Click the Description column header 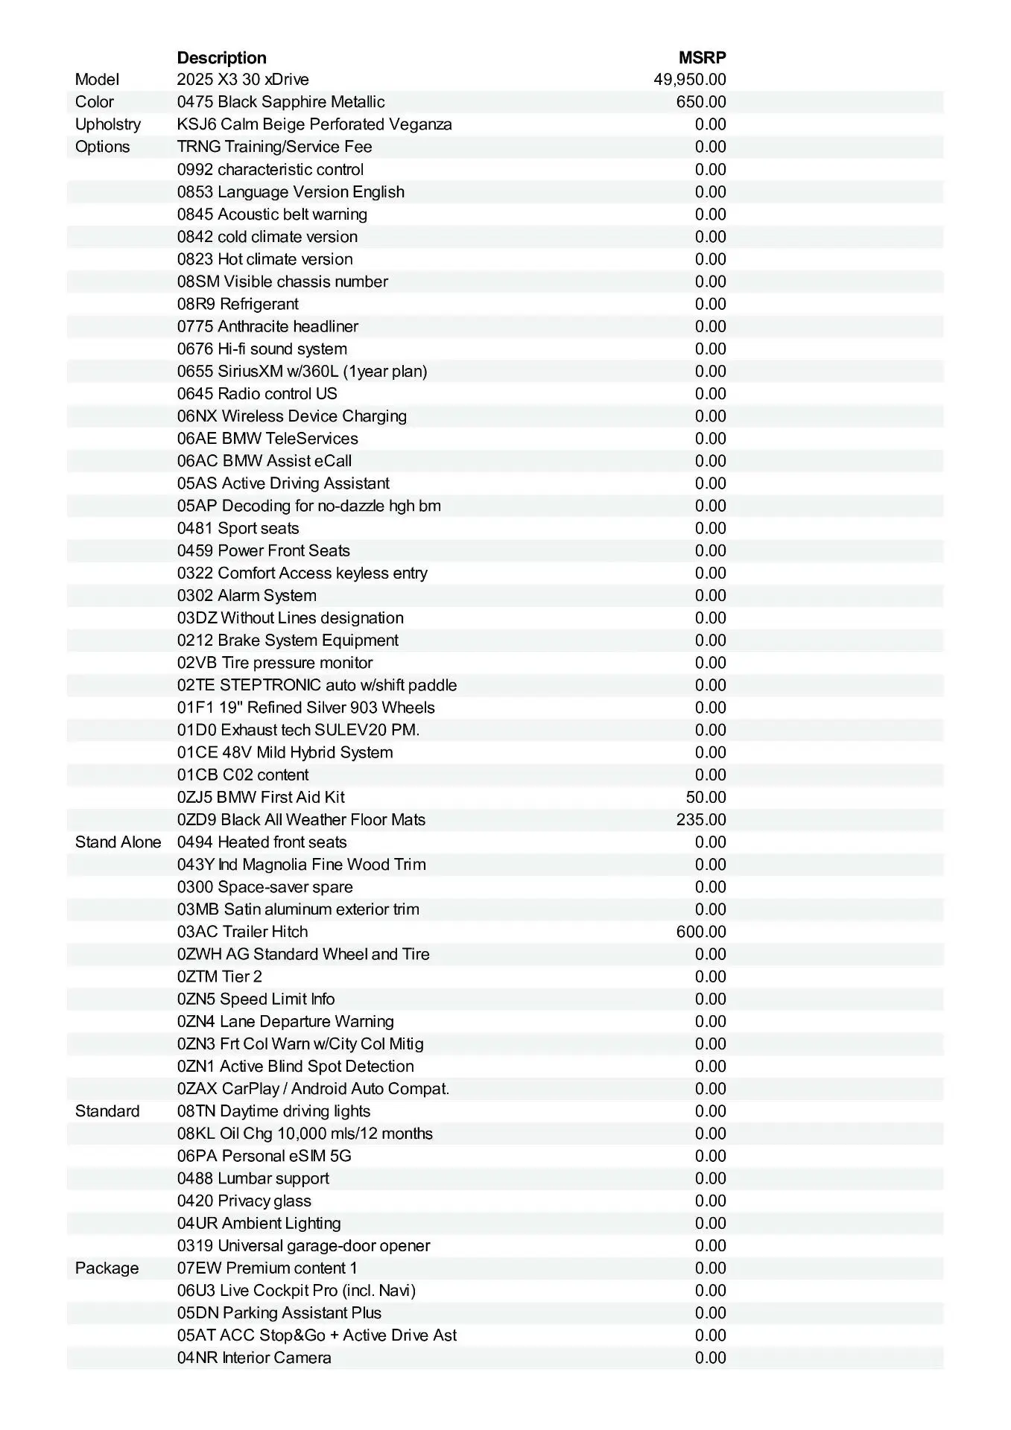pos(221,57)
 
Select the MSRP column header pos(702,57)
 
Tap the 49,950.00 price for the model pos(689,80)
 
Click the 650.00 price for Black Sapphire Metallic pos(700,102)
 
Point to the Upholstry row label pos(108,124)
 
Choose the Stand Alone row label pos(118,842)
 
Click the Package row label pos(107,1268)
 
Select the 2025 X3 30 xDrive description pos(243,80)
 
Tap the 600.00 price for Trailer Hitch pos(700,932)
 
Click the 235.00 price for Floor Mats pos(700,820)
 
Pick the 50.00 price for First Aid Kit pos(706,798)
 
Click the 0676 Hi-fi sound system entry pos(262,349)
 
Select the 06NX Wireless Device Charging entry pos(291,416)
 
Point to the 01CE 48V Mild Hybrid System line pos(285,752)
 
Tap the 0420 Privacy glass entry pos(244,1201)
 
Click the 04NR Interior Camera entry pos(254,1358)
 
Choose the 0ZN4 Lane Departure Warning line pos(285,1022)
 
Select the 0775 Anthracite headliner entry pos(267,326)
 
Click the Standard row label pos(107,1111)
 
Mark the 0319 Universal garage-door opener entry pos(303,1245)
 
